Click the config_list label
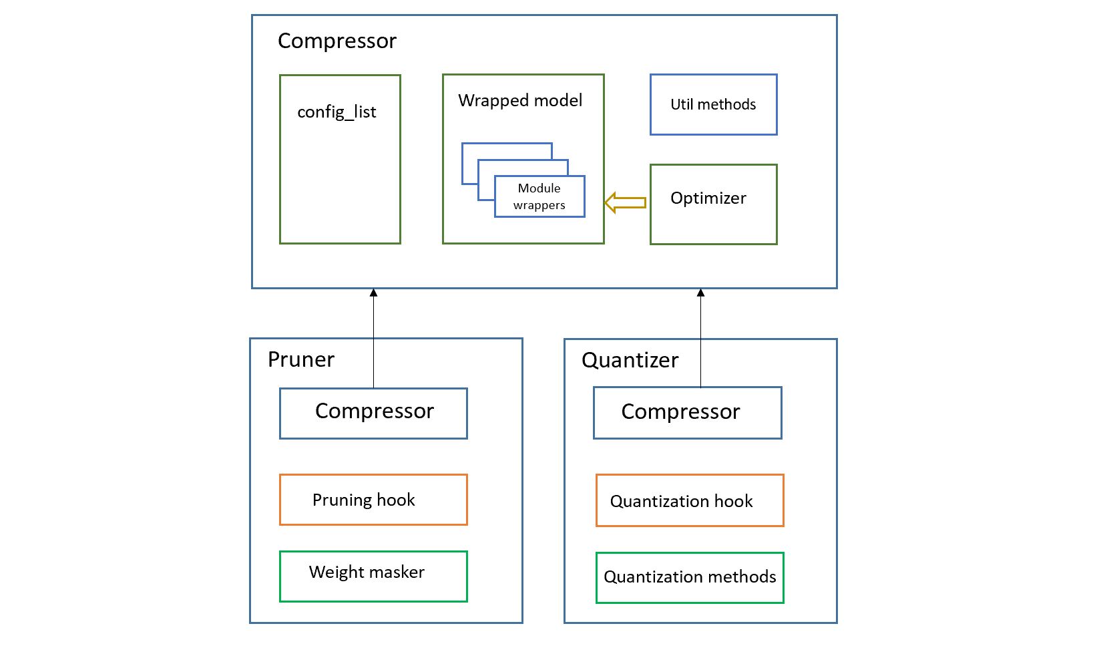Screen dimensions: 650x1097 (x=337, y=112)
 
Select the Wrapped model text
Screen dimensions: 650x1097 (x=520, y=100)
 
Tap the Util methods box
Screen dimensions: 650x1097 (x=713, y=105)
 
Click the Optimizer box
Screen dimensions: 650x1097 (x=713, y=204)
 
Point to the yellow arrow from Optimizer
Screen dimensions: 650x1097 (x=626, y=202)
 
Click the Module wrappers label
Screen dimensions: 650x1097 (x=539, y=196)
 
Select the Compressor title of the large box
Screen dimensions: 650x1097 (x=337, y=41)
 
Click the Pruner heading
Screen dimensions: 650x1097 (x=301, y=359)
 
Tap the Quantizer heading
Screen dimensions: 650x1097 (x=630, y=360)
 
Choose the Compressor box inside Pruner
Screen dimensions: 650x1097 (x=373, y=413)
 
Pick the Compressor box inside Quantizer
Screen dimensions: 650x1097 (x=687, y=413)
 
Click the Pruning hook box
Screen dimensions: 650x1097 (x=373, y=500)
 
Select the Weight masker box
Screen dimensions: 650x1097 (x=373, y=576)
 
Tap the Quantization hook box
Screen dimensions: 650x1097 (x=689, y=500)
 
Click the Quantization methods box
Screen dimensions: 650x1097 (x=689, y=577)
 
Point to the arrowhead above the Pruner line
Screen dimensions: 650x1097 (x=373, y=293)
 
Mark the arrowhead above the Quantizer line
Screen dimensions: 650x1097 (x=700, y=293)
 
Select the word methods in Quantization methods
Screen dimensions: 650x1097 (x=742, y=577)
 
